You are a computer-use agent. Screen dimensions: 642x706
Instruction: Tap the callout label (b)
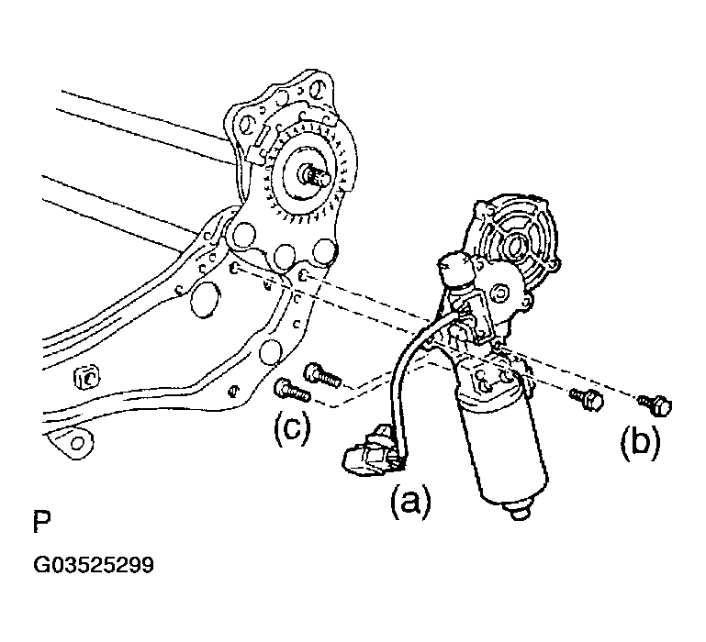(640, 442)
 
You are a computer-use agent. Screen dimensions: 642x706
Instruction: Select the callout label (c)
(289, 429)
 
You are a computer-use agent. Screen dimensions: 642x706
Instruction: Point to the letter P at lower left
(41, 524)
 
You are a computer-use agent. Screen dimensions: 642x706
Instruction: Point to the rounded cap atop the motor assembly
(454, 267)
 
